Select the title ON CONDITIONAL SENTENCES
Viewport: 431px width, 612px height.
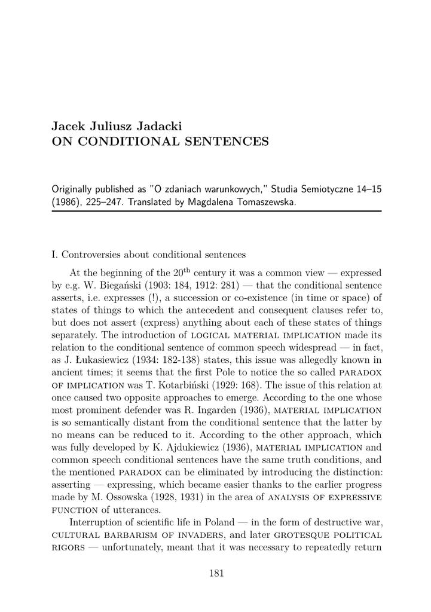pos(160,142)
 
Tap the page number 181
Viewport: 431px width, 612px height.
pos(216,573)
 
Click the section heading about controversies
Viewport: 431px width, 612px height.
pos(149,255)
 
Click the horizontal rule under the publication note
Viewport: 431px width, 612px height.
pos(216,211)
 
